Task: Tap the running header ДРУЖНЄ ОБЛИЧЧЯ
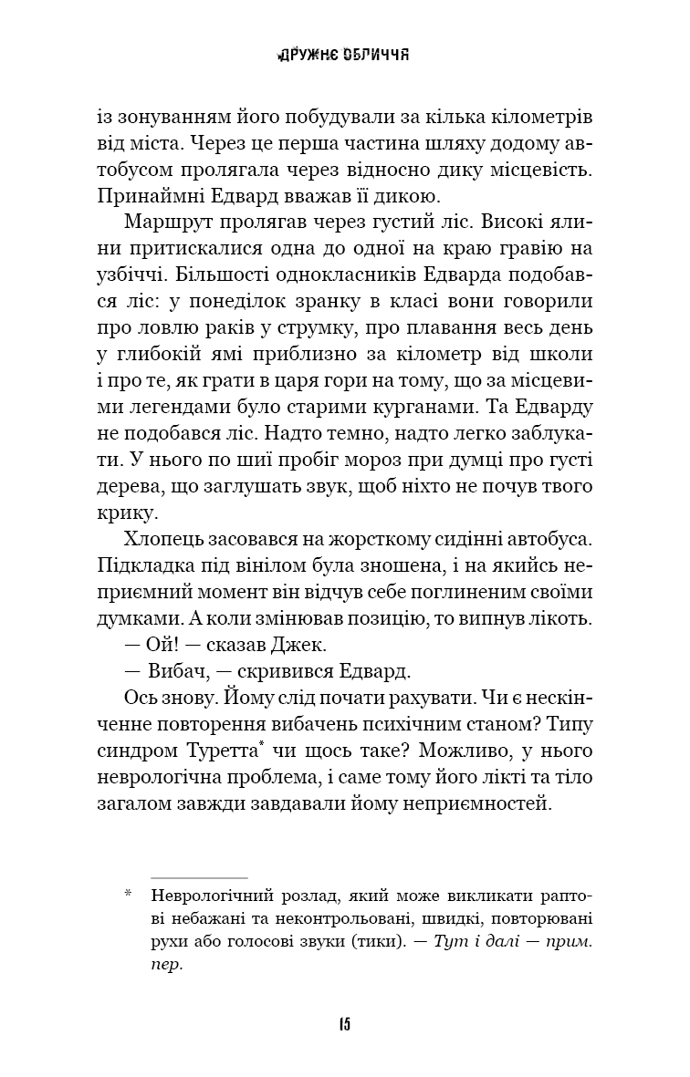click(344, 55)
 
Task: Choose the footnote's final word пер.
click(167, 967)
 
